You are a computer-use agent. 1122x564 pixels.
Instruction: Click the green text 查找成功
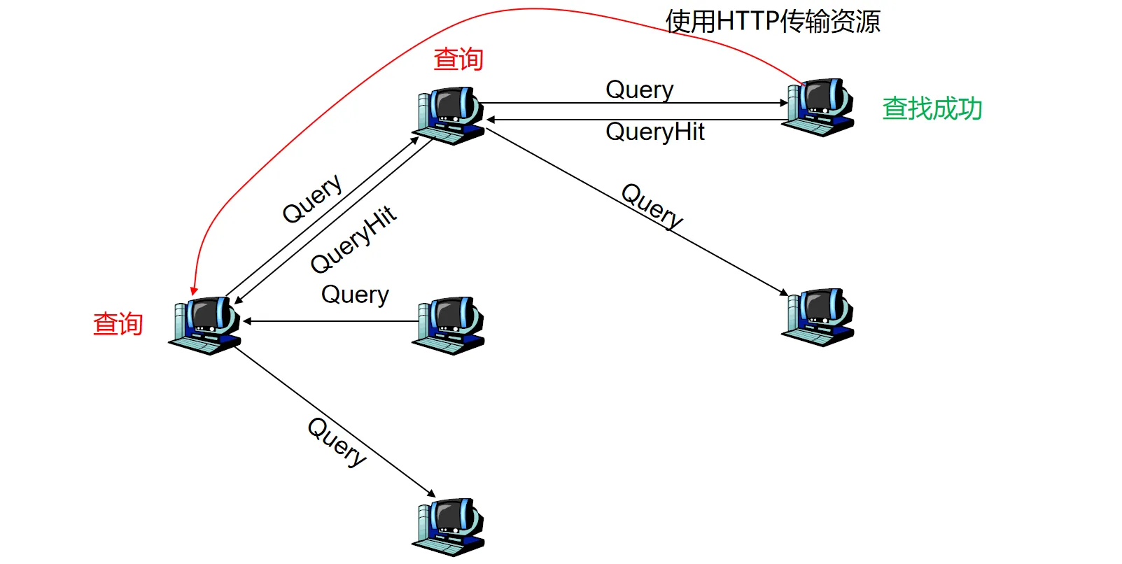(x=932, y=108)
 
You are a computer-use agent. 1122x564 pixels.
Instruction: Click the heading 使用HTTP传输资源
(x=772, y=22)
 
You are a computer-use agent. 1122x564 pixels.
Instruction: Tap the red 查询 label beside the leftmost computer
(x=118, y=324)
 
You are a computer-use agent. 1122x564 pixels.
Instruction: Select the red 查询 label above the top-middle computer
(x=458, y=59)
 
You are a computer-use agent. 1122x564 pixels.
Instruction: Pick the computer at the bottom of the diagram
(x=449, y=526)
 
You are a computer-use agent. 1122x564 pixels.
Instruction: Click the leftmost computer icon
(x=205, y=325)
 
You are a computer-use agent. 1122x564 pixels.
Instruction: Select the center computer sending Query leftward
(x=449, y=325)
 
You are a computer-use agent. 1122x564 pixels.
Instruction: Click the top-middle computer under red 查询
(x=449, y=115)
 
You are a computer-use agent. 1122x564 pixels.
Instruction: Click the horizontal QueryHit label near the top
(x=654, y=132)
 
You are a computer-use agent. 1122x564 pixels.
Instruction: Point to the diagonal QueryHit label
(x=353, y=239)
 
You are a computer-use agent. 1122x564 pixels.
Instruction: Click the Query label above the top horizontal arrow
(x=639, y=90)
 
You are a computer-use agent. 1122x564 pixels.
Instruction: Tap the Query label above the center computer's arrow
(x=355, y=295)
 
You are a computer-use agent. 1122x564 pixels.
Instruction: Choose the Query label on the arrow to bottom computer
(x=337, y=442)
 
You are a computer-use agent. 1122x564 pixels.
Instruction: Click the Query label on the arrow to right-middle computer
(x=652, y=205)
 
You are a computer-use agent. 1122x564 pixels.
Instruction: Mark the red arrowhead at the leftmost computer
(x=194, y=290)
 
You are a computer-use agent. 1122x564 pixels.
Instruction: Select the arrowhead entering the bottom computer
(x=431, y=493)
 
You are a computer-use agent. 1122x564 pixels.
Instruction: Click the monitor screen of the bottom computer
(x=448, y=518)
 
